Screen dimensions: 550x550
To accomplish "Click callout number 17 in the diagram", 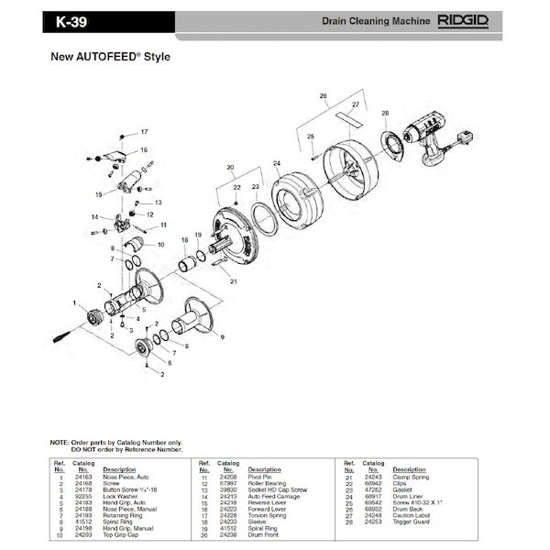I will pos(143,132).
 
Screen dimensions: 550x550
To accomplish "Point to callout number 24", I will pos(276,163).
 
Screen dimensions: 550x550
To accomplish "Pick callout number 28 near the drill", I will pos(384,113).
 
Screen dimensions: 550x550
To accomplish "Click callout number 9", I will pos(220,338).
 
